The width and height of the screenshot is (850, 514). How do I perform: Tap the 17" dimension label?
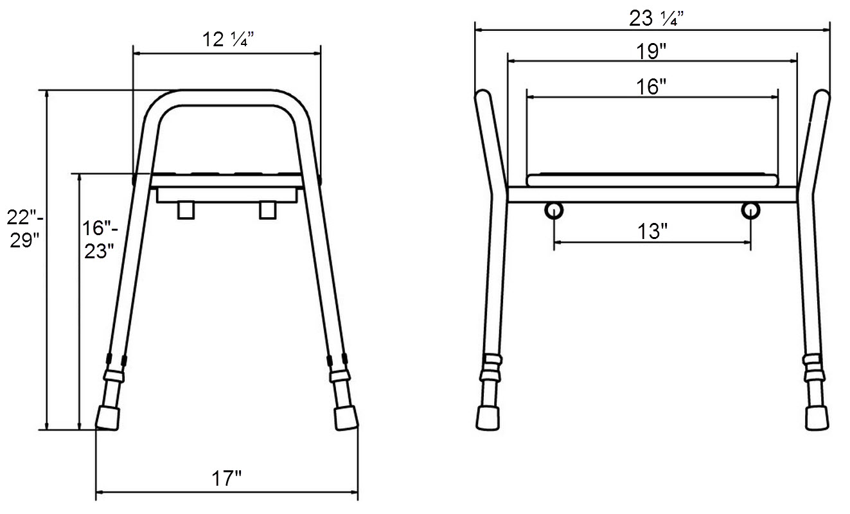tap(227, 478)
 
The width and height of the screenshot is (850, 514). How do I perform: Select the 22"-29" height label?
tap(24, 228)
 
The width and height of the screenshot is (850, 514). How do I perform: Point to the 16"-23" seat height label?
tap(100, 240)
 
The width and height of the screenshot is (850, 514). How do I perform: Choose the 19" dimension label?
tap(651, 52)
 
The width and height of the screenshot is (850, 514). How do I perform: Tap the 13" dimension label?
tap(651, 231)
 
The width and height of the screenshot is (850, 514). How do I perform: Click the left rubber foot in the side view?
tap(108, 418)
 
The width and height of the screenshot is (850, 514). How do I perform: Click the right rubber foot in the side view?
tap(346, 418)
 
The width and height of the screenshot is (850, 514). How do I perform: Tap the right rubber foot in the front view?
tap(817, 417)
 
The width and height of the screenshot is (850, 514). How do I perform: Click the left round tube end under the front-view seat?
tap(554, 210)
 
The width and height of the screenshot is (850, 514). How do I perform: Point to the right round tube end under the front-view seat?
tap(750, 210)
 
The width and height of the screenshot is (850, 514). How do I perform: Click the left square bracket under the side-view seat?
tap(186, 210)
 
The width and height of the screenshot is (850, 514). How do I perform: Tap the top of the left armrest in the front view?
tap(483, 98)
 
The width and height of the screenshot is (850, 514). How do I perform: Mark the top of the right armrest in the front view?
tap(822, 98)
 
